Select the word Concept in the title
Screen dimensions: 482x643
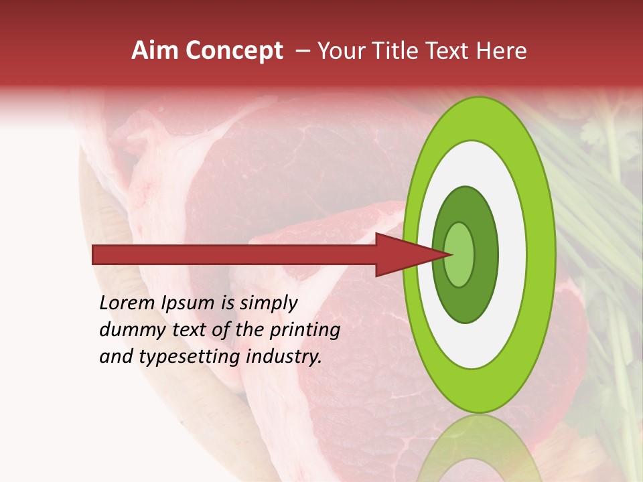234,51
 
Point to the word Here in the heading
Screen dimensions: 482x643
500,51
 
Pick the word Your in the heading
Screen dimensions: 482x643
340,51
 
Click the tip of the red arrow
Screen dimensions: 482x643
450,254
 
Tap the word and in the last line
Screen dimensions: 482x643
116,357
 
